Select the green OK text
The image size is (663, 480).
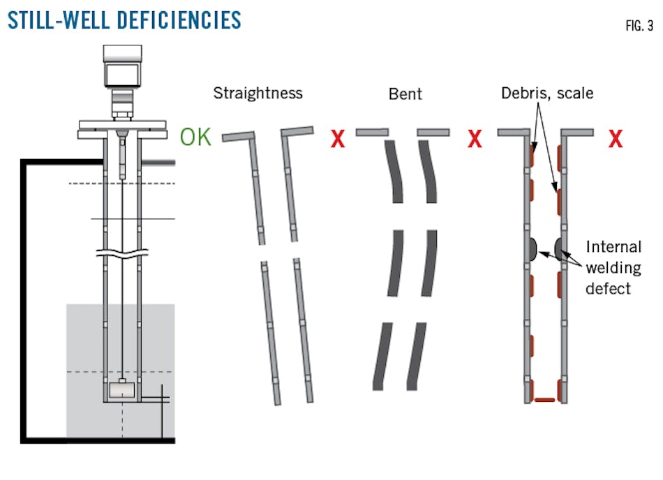click(195, 137)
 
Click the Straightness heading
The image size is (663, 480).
click(258, 93)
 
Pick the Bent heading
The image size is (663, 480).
click(405, 93)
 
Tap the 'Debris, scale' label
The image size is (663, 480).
click(546, 93)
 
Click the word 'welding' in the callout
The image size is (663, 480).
click(613, 267)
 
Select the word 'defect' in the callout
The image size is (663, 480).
click(608, 287)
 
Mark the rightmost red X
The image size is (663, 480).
click(616, 140)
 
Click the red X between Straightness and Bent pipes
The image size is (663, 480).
click(338, 140)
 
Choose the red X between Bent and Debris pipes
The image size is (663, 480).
click(475, 140)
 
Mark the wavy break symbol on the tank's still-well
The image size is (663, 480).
click(123, 253)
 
